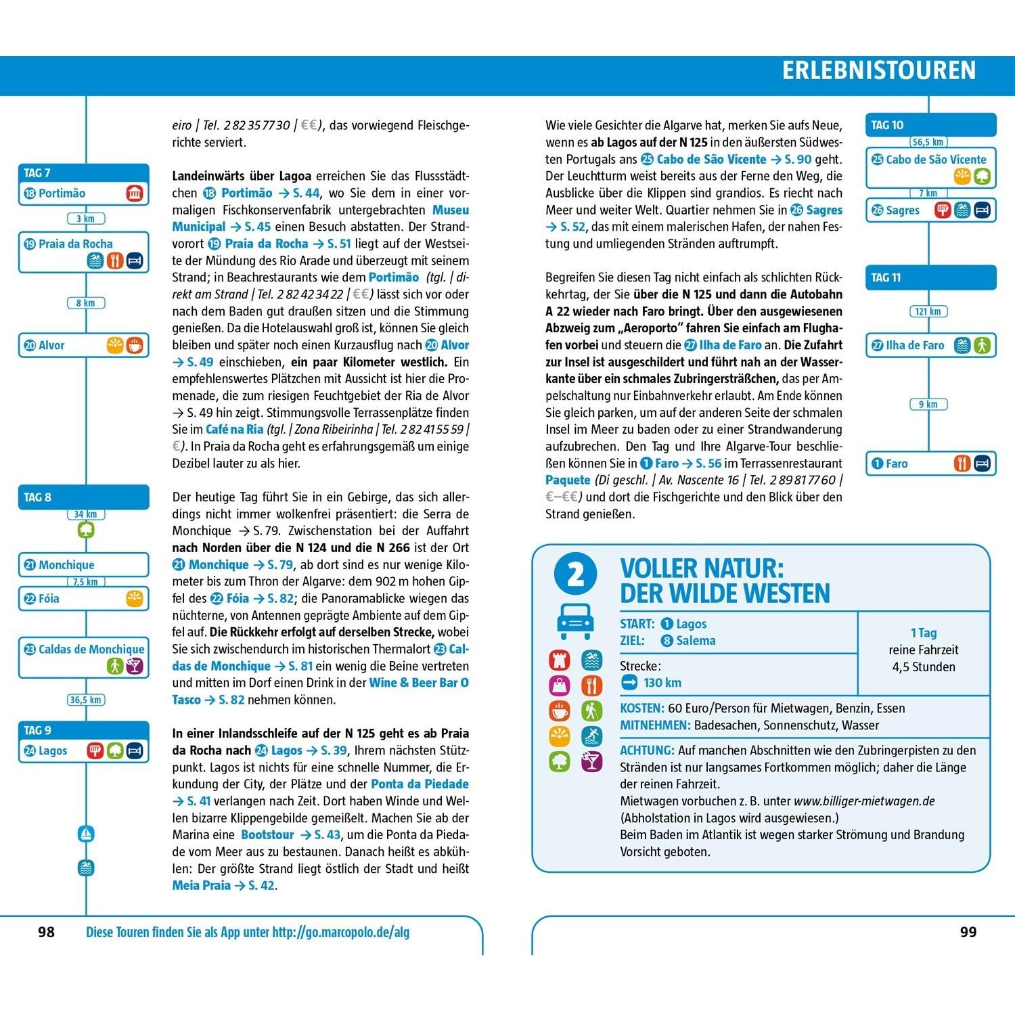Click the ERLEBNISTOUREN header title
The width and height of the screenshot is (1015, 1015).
[878, 70]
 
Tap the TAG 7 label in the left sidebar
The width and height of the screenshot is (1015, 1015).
[37, 173]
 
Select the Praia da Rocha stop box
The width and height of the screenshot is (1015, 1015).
[83, 252]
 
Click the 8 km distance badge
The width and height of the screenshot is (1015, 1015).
[85, 303]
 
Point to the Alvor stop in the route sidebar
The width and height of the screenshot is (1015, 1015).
[83, 345]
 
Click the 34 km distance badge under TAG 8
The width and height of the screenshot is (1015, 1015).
[85, 514]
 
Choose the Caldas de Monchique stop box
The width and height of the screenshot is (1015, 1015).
[83, 657]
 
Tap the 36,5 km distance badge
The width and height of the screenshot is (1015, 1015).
[85, 700]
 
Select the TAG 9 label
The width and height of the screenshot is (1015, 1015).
[37, 731]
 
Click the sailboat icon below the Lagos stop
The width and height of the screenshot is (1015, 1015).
[86, 834]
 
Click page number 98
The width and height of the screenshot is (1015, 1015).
[46, 932]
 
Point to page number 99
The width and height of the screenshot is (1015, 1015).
[968, 932]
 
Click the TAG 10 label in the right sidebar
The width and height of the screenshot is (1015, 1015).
[887, 125]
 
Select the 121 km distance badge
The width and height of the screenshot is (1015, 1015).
[928, 311]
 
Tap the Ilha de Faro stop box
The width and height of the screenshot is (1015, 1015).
[931, 345]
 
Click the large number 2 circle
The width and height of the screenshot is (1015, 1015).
[575, 575]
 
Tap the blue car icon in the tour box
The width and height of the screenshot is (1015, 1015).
[575, 621]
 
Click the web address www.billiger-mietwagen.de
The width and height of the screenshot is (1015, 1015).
[864, 801]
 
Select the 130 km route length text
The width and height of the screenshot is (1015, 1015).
[662, 683]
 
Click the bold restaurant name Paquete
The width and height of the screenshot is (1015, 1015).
[568, 480]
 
